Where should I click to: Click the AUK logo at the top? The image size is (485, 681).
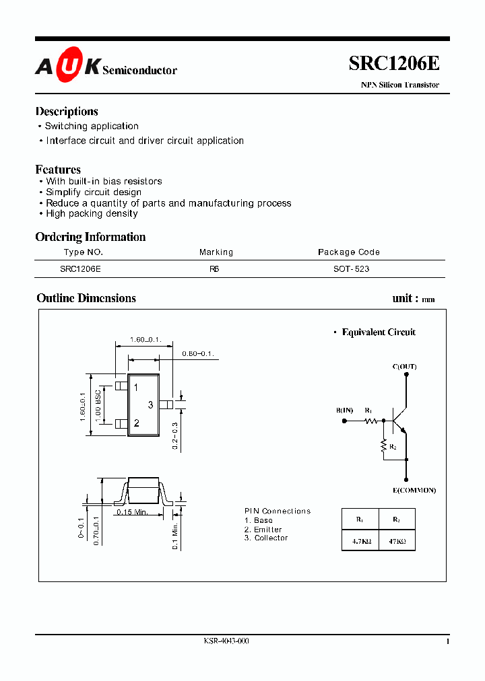pos(68,65)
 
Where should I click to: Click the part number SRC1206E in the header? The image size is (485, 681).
pos(394,63)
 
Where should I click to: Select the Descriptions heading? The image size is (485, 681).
pos(67,112)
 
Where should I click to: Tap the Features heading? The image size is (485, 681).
pos(58,170)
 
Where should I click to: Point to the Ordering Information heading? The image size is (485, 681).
pos(90,237)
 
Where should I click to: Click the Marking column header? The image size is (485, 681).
pos(216,252)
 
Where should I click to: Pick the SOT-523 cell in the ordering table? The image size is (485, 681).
pos(351,268)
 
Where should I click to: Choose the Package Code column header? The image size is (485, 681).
pos(349,252)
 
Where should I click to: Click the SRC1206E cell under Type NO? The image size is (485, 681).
pos(80,268)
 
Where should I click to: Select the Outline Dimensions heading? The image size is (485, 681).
pos(86,298)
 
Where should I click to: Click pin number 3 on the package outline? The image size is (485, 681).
pos(151,404)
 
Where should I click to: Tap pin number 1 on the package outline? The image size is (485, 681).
pos(136,388)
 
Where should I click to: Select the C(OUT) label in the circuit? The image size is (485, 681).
pos(404,367)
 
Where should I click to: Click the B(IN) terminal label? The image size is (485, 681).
pos(344,410)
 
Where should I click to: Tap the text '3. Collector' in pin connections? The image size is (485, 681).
pos(266,538)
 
